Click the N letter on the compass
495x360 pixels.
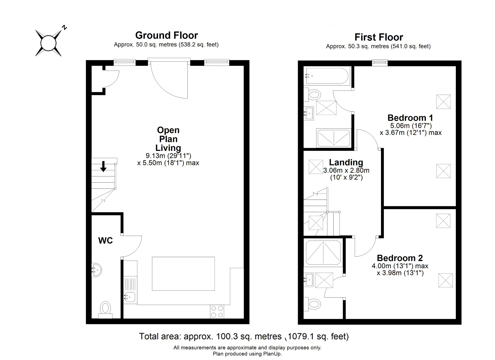click(x=64, y=27)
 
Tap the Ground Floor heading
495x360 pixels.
click(x=167, y=35)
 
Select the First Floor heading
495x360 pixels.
click(x=379, y=37)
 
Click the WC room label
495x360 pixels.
click(x=105, y=241)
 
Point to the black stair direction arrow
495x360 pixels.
click(x=103, y=166)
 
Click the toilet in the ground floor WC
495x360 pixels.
click(x=105, y=310)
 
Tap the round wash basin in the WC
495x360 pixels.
click(x=97, y=270)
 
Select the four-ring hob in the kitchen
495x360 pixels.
click(x=217, y=312)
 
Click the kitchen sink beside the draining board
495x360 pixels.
click(x=129, y=298)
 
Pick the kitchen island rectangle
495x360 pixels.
click(x=183, y=274)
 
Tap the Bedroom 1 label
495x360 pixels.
click(x=410, y=118)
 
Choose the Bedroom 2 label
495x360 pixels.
click(x=400, y=258)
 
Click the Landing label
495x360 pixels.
click(x=346, y=162)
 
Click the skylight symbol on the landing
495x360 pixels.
click(x=316, y=167)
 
